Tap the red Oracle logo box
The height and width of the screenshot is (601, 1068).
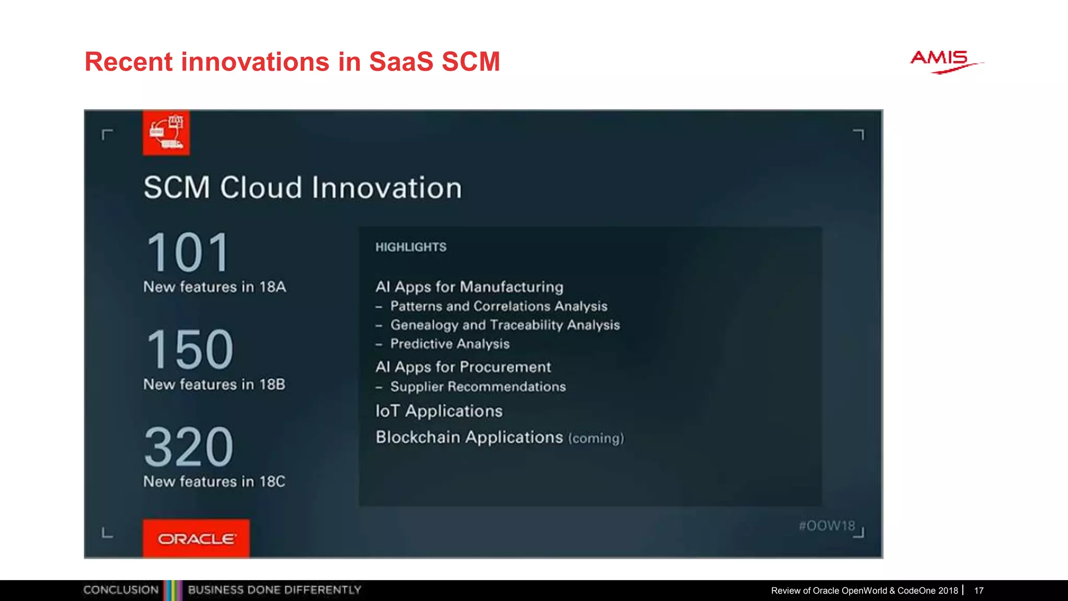(x=196, y=538)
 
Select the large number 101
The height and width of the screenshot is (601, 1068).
(x=188, y=253)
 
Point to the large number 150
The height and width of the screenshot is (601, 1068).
(x=189, y=350)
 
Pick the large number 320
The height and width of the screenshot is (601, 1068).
(x=189, y=447)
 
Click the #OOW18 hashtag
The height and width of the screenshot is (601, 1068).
(x=827, y=526)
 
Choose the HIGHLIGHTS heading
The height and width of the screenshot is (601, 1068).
(x=411, y=247)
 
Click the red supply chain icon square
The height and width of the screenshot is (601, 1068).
(x=166, y=133)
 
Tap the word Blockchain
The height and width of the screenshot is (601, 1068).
(x=417, y=437)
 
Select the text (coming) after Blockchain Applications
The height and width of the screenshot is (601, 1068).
(x=596, y=438)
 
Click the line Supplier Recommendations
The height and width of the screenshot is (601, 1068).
(x=478, y=387)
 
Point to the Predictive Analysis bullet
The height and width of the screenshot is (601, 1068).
(x=450, y=344)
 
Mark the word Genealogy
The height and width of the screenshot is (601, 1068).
(x=424, y=325)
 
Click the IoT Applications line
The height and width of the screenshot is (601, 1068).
(x=439, y=411)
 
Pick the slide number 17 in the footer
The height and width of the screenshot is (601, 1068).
(x=979, y=591)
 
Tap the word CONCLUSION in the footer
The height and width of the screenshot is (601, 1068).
(x=121, y=590)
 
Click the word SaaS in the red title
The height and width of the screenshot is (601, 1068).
(x=401, y=62)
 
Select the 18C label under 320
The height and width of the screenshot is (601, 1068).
(x=272, y=482)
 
